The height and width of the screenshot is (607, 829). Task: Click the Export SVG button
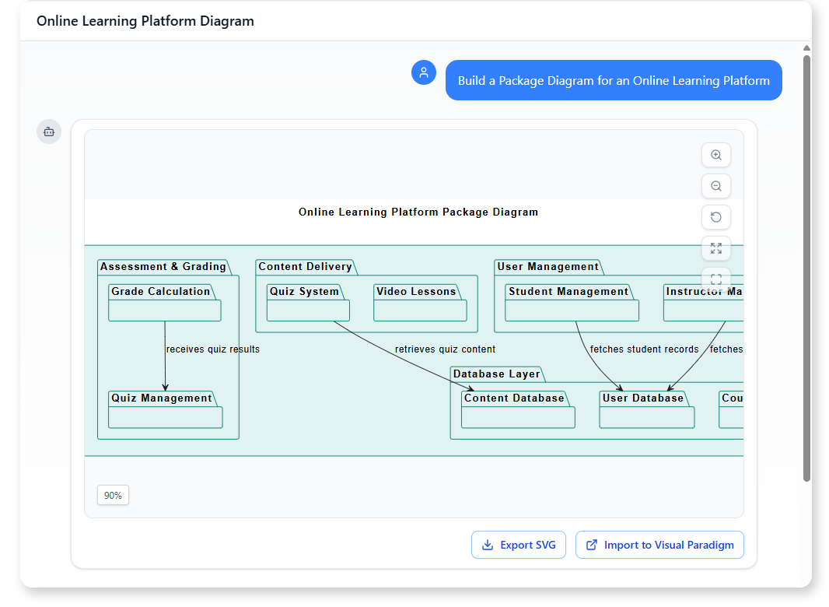pyautogui.click(x=518, y=545)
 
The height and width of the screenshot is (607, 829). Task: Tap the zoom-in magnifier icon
pyautogui.click(x=716, y=155)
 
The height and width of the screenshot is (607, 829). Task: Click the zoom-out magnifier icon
pyautogui.click(x=716, y=186)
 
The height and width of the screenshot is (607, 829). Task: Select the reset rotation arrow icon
pyautogui.click(x=716, y=217)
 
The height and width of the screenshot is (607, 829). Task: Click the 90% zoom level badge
pyautogui.click(x=113, y=495)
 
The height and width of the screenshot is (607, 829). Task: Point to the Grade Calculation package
pyautogui.click(x=164, y=303)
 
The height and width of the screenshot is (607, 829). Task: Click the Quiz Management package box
pyautogui.click(x=165, y=409)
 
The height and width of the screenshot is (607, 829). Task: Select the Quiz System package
pyautogui.click(x=308, y=303)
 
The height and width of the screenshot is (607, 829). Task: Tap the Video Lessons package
pyautogui.click(x=420, y=303)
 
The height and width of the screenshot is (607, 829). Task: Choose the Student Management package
pyautogui.click(x=572, y=303)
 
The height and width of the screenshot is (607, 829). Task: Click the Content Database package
pyautogui.click(x=518, y=409)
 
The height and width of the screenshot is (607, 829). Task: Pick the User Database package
pyautogui.click(x=646, y=409)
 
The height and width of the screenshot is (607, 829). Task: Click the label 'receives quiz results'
pyautogui.click(x=213, y=349)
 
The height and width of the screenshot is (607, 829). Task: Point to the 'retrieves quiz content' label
pyautogui.click(x=445, y=349)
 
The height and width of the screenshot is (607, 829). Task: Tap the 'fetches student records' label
pyautogui.click(x=644, y=349)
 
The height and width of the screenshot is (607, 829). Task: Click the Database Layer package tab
pyautogui.click(x=496, y=374)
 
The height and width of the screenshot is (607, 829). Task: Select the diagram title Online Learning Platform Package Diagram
pyautogui.click(x=418, y=212)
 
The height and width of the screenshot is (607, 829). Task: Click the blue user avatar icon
pyautogui.click(x=424, y=72)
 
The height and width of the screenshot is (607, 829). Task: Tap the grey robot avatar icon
pyautogui.click(x=49, y=132)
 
